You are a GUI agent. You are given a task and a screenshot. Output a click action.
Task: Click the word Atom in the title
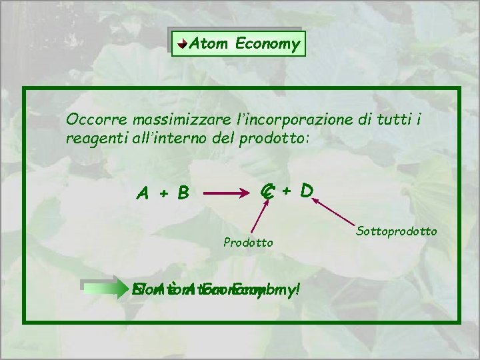(206, 44)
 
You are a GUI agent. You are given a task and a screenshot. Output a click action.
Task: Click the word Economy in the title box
(265, 45)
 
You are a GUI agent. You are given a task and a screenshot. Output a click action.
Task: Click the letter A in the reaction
(143, 193)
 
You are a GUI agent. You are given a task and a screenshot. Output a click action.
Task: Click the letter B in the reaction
(181, 193)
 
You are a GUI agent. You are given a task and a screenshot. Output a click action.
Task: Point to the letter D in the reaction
(307, 192)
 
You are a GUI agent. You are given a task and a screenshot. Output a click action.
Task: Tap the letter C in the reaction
(267, 192)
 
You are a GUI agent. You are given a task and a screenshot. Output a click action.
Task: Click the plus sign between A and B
(162, 194)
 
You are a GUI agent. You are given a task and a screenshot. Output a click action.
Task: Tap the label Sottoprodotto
(397, 231)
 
